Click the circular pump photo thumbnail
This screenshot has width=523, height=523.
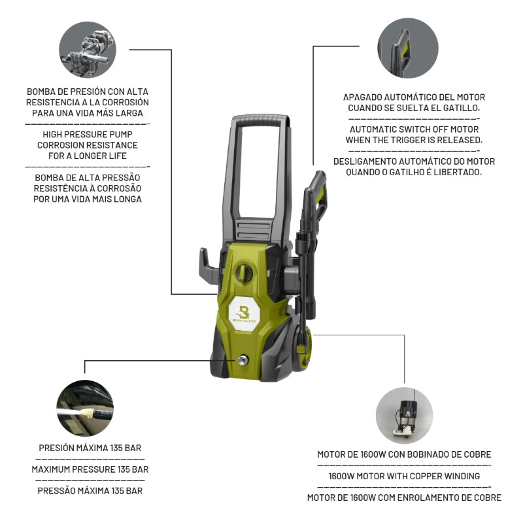tap(88, 50)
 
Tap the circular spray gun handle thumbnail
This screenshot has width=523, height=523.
tap(407, 48)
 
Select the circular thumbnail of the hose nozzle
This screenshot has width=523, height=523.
tap(85, 408)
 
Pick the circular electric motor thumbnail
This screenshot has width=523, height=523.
tap(404, 416)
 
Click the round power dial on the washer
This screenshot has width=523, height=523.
tap(244, 272)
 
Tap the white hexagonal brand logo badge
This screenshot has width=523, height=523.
tap(244, 314)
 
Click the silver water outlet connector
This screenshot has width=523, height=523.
tap(243, 360)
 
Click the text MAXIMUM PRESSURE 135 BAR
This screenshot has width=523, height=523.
tap(90, 469)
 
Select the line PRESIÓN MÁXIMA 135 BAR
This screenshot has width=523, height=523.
tap(90, 448)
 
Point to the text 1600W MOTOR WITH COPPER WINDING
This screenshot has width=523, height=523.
tap(404, 476)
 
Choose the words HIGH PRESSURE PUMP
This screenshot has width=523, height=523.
tap(88, 135)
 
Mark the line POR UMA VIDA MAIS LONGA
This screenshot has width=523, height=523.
tap(88, 199)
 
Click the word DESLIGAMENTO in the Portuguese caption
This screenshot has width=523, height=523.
tap(365, 161)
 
